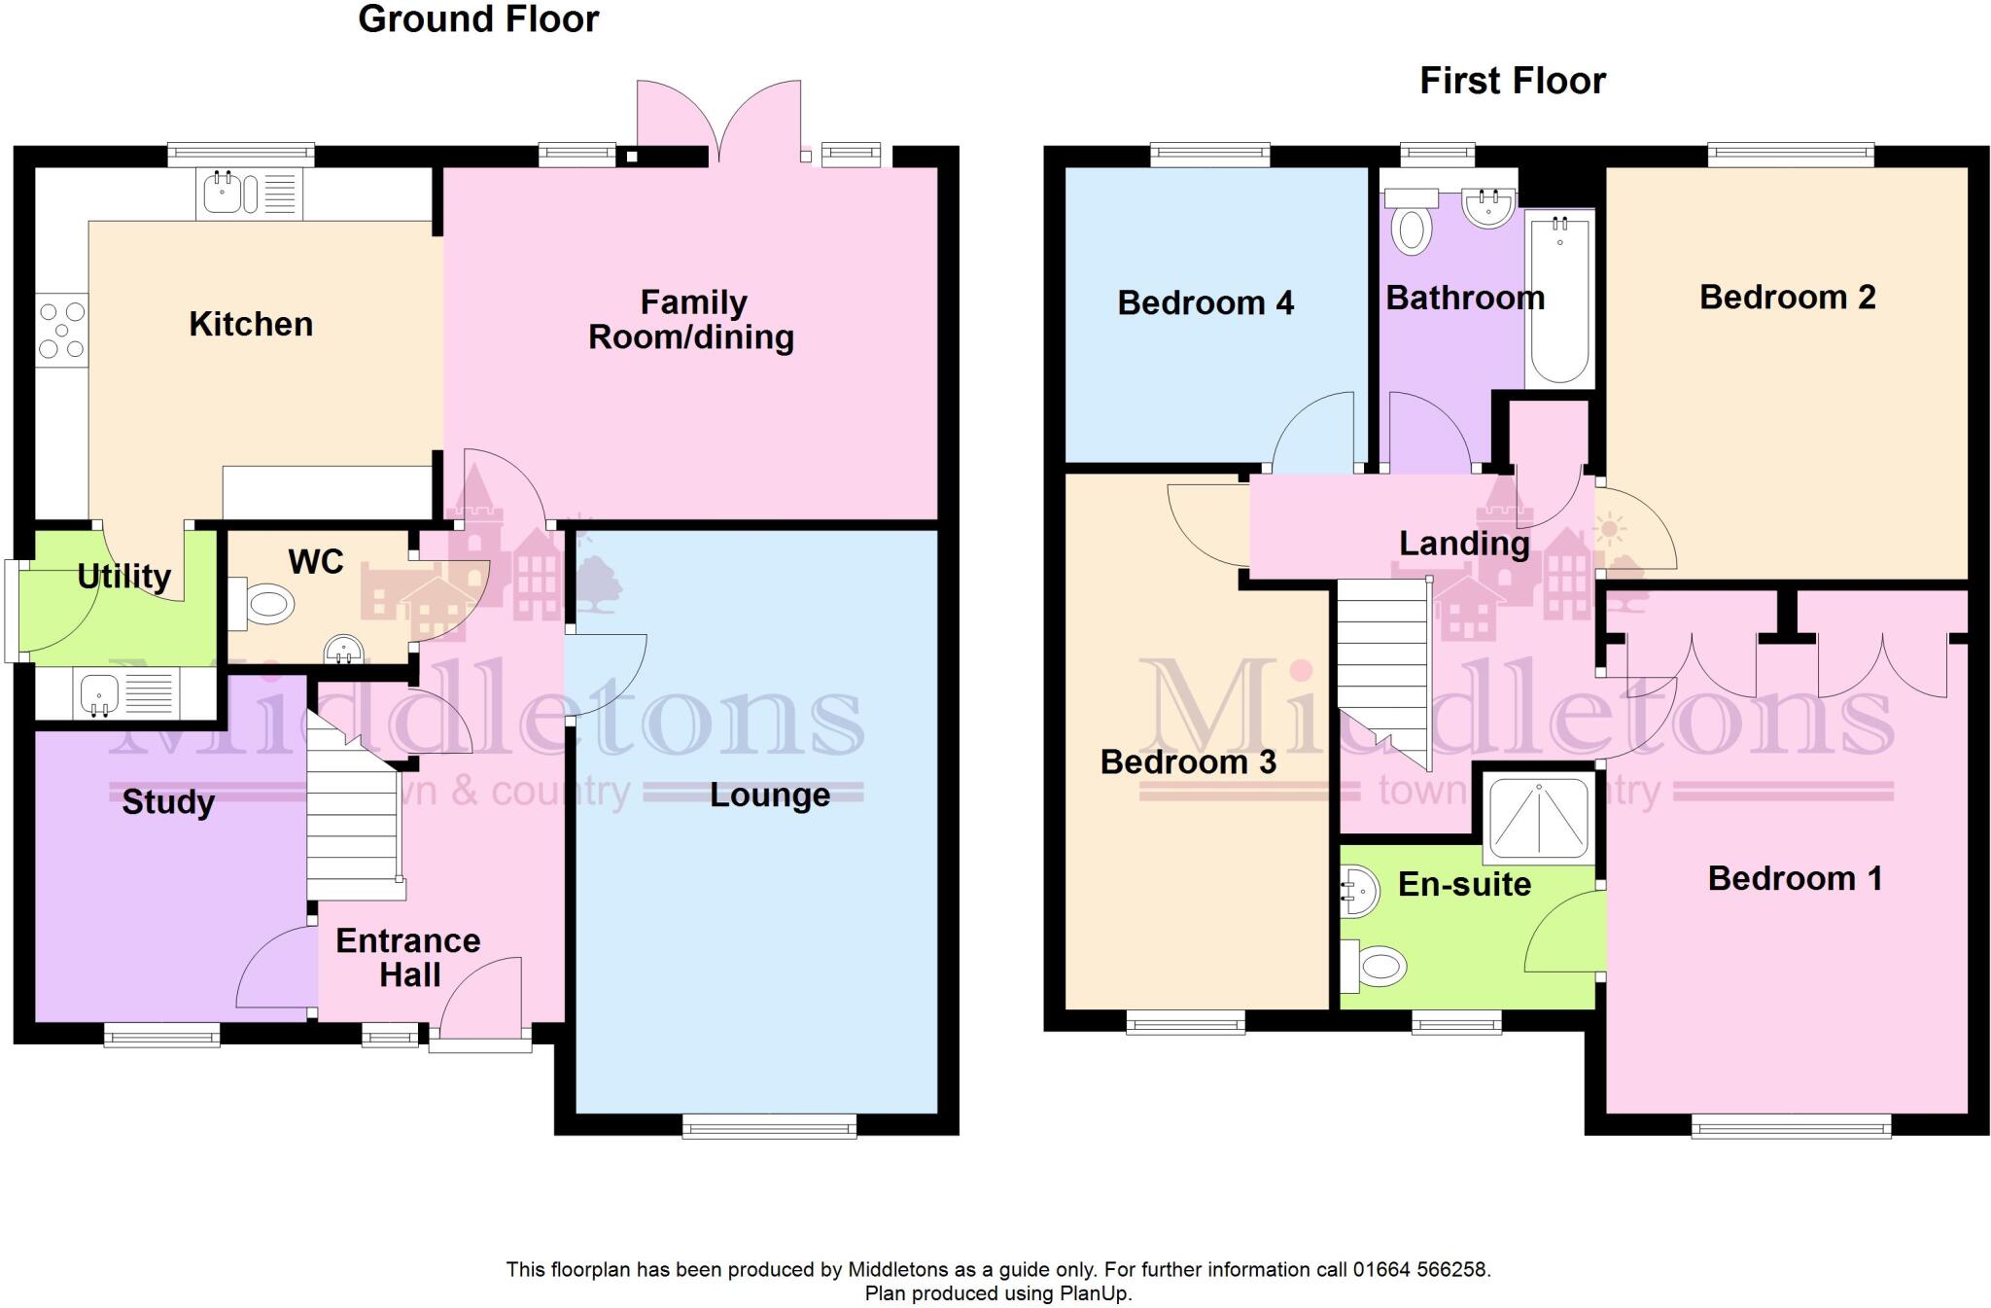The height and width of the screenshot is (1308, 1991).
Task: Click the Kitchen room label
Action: (x=251, y=324)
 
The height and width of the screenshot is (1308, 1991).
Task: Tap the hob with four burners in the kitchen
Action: (x=61, y=330)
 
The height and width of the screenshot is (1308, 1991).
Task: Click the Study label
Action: (x=168, y=802)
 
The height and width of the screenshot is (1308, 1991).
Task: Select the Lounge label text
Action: (x=770, y=795)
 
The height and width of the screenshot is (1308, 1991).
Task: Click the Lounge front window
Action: (x=769, y=1127)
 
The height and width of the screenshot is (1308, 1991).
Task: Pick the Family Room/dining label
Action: (x=691, y=320)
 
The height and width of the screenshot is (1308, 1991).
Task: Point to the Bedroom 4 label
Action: (x=1205, y=303)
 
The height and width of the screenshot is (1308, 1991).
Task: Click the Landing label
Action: (x=1464, y=544)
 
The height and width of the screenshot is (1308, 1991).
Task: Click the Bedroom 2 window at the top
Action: (x=1791, y=154)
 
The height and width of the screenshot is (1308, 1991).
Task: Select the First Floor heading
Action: (x=1513, y=81)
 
